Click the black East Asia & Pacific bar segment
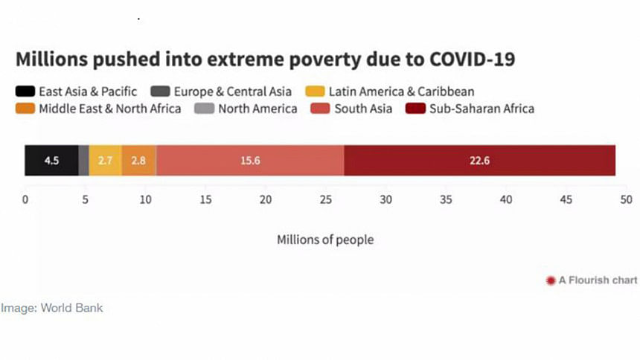(51, 161)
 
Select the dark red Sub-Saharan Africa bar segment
(479, 161)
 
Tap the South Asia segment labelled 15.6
(250, 161)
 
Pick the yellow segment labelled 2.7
(106, 161)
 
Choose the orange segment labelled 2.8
(138, 161)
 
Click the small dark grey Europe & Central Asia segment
(84, 161)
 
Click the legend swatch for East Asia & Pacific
(25, 92)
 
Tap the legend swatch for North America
(203, 109)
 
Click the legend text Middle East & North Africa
(110, 109)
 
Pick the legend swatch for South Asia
(319, 109)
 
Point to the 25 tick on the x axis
(326, 200)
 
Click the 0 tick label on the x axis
(25, 200)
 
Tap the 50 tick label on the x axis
(627, 200)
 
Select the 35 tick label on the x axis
(447, 200)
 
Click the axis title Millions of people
(325, 240)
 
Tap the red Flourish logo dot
(551, 280)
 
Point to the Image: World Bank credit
(51, 307)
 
